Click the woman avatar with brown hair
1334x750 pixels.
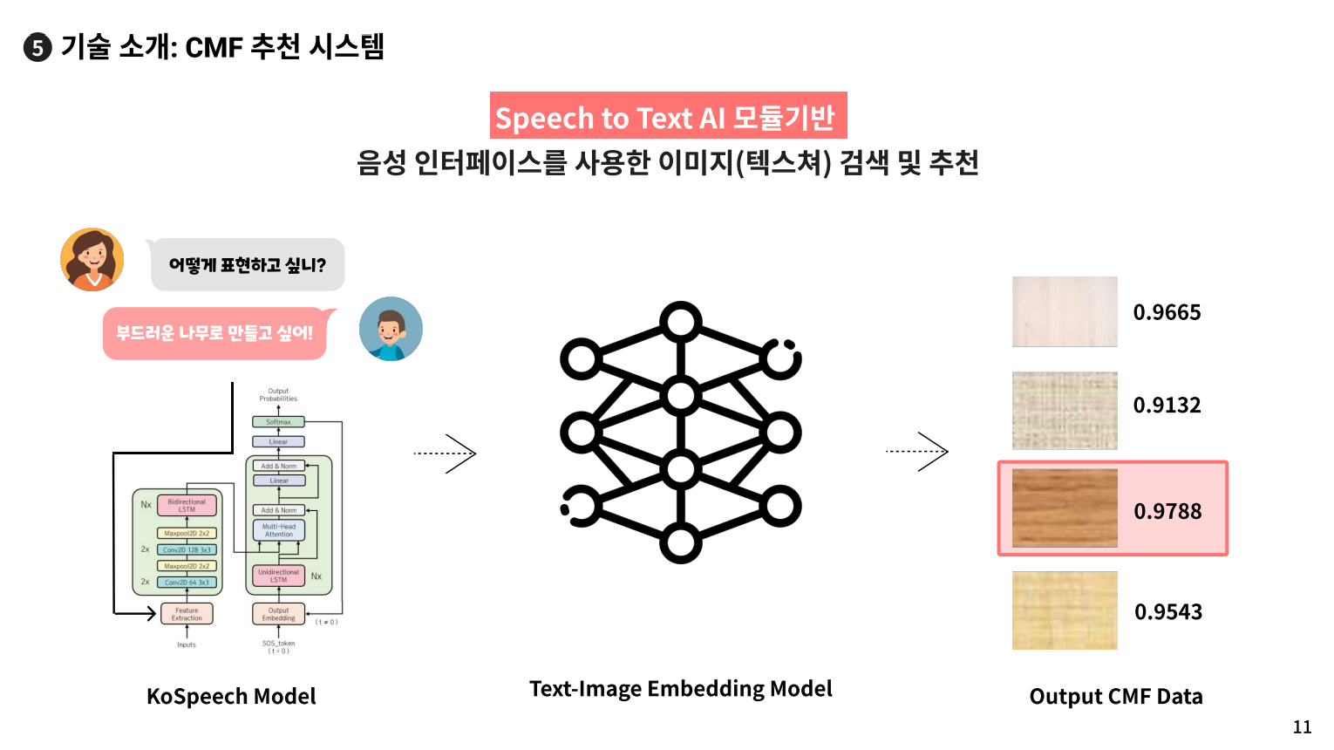[x=92, y=260]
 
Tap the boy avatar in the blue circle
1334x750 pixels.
[x=391, y=329]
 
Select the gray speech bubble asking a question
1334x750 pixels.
[x=248, y=265]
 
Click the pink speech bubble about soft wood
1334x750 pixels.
[x=214, y=333]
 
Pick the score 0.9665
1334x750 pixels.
[x=1167, y=312]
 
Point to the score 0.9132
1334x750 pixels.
[x=1167, y=406]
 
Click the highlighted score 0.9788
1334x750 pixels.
[x=1167, y=512]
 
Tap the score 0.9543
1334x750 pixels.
[x=1168, y=612]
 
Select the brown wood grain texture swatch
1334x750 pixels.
[x=1065, y=508]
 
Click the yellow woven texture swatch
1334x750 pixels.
[x=1065, y=610]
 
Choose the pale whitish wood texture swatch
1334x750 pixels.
[x=1065, y=311]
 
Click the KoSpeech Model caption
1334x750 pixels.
[x=231, y=697]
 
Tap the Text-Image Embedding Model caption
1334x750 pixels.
[x=680, y=689]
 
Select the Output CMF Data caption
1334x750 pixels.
[x=1116, y=697]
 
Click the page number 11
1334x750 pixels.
[x=1302, y=727]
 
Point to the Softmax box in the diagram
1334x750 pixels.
[x=278, y=422]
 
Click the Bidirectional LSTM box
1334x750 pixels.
[x=187, y=506]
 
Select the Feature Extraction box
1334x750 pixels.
[x=187, y=614]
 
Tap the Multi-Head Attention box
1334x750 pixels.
[x=279, y=530]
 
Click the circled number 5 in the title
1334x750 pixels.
[x=37, y=47]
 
